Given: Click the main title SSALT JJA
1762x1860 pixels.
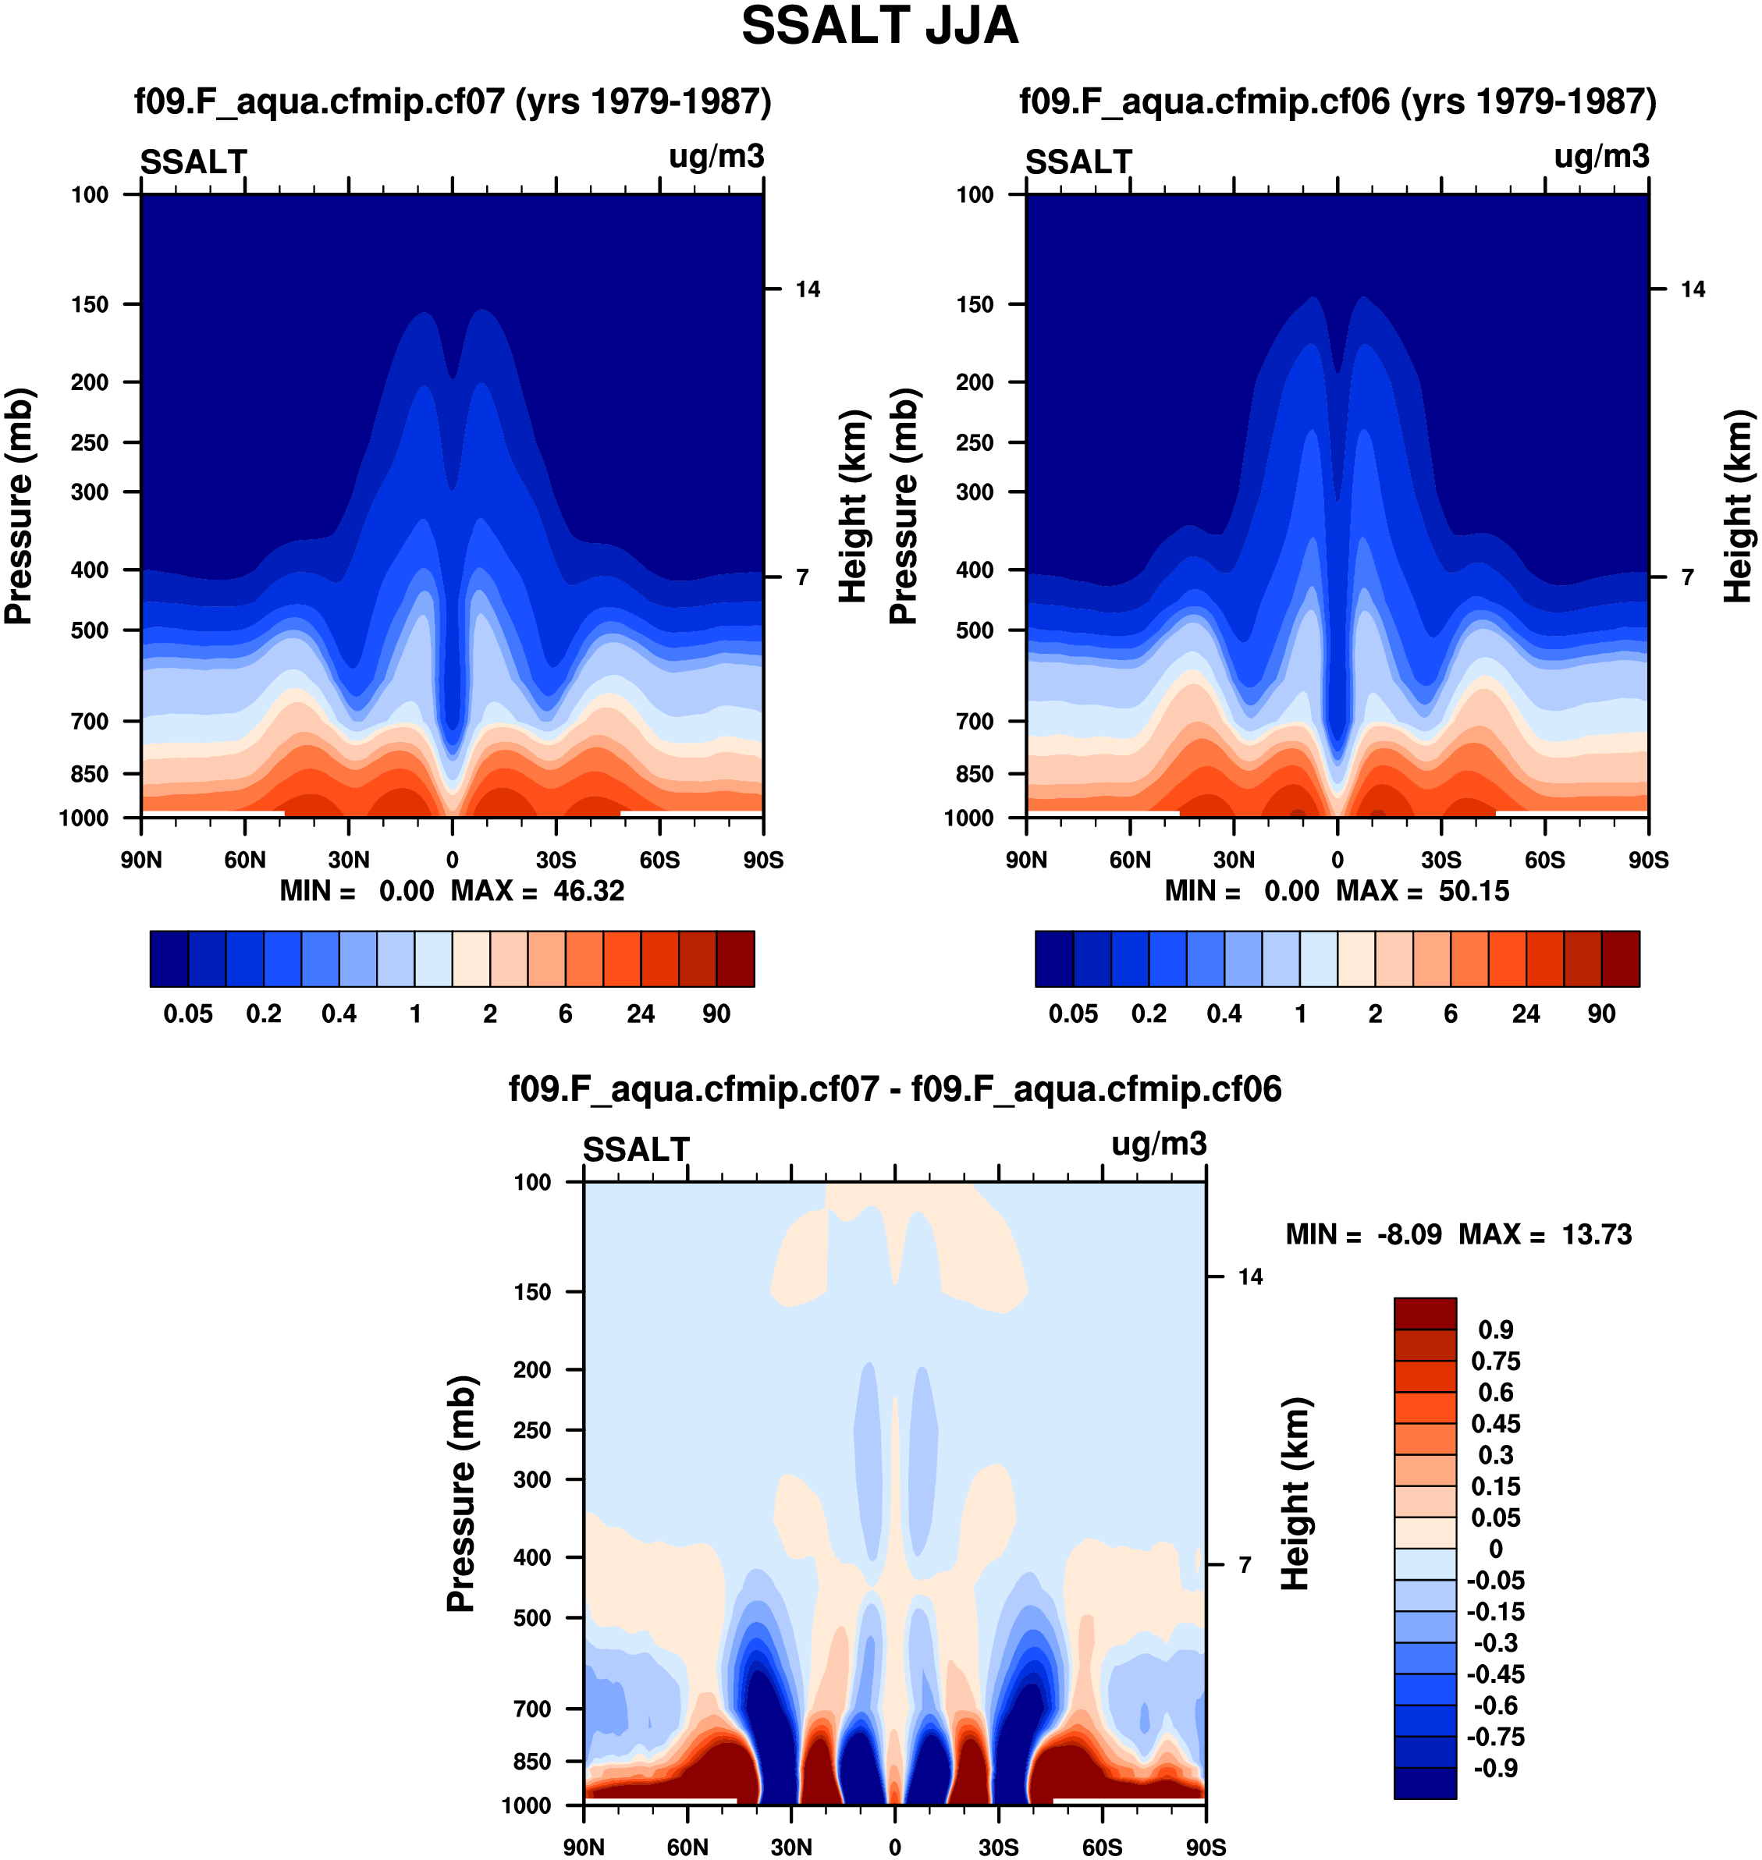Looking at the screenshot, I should click(879, 27).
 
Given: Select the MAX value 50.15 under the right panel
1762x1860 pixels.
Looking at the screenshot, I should click(1473, 891).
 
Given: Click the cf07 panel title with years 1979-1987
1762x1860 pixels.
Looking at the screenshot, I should click(453, 101).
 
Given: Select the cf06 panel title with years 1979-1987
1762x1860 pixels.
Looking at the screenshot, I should click(1337, 101).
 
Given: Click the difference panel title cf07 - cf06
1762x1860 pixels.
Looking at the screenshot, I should click(894, 1089).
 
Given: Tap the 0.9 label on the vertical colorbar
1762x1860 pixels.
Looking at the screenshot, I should click(1495, 1329).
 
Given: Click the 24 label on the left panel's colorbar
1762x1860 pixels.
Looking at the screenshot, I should click(641, 1014).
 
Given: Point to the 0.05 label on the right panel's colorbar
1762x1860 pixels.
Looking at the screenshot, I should click(1073, 1014).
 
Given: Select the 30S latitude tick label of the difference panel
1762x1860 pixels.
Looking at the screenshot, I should click(998, 1847).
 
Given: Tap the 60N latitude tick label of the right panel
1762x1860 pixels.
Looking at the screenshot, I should click(1130, 860).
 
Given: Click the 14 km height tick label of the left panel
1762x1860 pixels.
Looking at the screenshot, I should click(807, 289).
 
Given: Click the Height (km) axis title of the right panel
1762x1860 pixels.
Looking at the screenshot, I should click(1739, 506).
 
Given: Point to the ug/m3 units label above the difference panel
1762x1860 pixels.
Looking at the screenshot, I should click(1158, 1144).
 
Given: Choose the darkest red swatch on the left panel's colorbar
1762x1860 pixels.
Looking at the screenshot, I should click(735, 959).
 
